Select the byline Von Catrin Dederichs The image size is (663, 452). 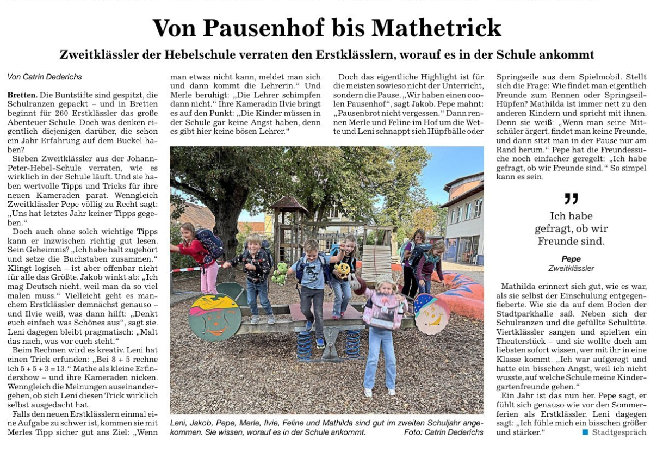tap(45, 77)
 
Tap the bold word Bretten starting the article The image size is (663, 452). tap(22, 95)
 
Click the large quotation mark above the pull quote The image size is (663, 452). tap(571, 199)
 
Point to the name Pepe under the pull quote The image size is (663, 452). tap(571, 259)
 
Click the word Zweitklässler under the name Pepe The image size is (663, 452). tap(571, 268)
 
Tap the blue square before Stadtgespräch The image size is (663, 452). tap(585, 432)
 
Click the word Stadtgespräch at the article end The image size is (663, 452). tap(619, 432)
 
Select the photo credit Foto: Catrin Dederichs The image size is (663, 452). tap(443, 432)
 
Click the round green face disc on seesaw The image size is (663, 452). tap(214, 317)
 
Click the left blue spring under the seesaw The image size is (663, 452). tap(306, 343)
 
